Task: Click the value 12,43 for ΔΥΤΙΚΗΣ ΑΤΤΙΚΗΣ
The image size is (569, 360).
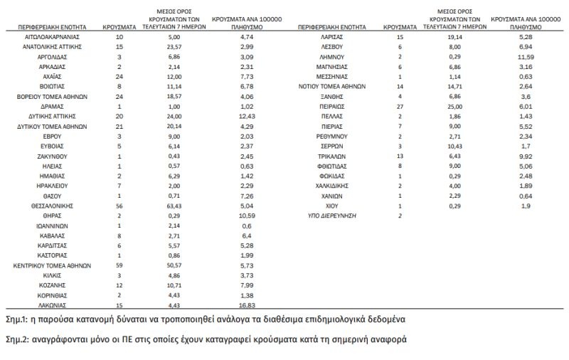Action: pyautogui.click(x=247, y=115)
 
